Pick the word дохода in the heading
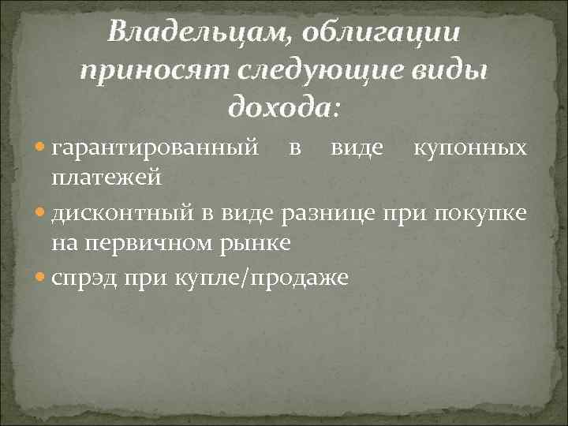point(282,106)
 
